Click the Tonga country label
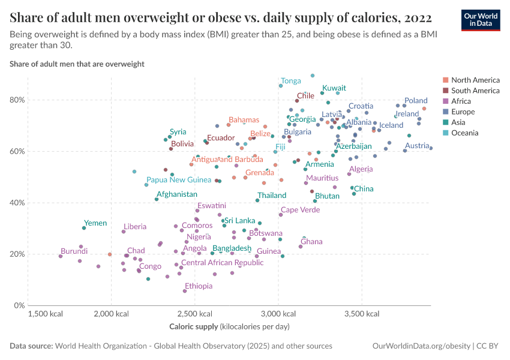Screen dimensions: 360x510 (x=291, y=81)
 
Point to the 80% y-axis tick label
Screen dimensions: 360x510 (x=17, y=100)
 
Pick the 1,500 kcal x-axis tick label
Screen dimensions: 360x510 (x=46, y=314)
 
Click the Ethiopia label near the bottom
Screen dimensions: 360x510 (x=199, y=286)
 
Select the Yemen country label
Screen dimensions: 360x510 (x=95, y=223)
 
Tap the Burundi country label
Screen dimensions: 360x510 (x=74, y=251)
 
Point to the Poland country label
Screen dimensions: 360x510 (x=416, y=101)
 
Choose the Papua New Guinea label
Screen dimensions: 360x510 (x=179, y=180)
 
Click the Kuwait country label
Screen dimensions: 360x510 (x=334, y=88)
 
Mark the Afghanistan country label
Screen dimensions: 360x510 (x=176, y=194)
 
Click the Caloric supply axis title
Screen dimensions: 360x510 (x=229, y=326)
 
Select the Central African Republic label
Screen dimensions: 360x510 (x=223, y=263)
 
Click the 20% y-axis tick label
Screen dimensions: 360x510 (x=17, y=254)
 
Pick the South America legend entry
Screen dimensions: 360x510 (x=475, y=91)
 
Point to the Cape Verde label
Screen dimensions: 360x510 (x=301, y=210)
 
